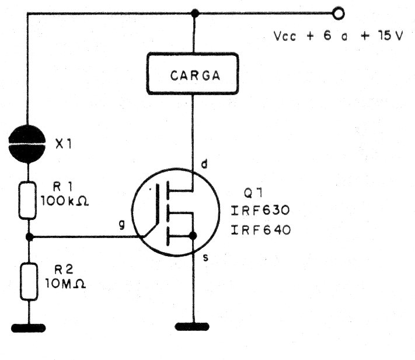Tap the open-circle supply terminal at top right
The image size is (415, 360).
(x=337, y=12)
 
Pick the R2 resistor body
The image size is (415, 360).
(x=28, y=282)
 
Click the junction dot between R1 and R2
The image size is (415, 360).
(x=28, y=237)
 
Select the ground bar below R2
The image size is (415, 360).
(x=28, y=328)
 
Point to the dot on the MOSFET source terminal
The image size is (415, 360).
(x=193, y=236)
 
